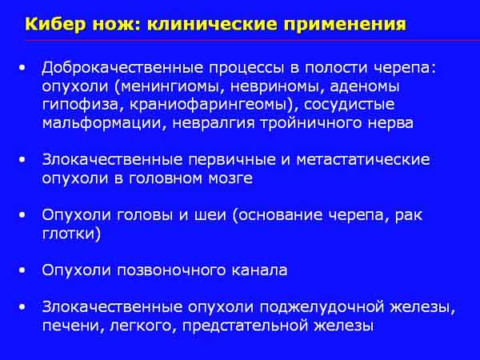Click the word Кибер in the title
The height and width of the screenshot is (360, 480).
click(54, 24)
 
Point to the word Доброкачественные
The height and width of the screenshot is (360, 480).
click(122, 68)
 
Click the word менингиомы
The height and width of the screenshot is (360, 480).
click(170, 87)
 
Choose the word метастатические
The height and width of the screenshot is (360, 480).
click(362, 160)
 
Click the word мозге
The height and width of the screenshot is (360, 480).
click(230, 178)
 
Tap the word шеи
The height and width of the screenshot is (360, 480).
click(210, 215)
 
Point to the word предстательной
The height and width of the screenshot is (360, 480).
click(246, 326)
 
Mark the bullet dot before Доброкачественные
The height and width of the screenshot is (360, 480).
click(22, 68)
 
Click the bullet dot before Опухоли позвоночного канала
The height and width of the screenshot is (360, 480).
click(22, 270)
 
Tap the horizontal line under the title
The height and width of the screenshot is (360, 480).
click(253, 41)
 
